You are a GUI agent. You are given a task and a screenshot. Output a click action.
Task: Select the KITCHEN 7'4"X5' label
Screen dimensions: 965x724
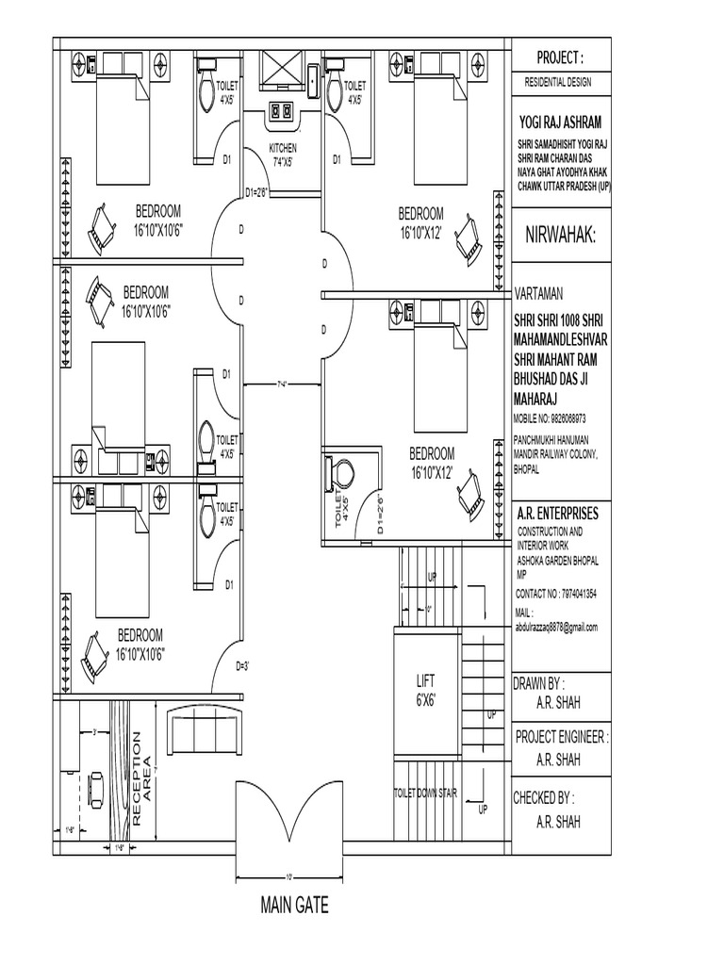click(283, 155)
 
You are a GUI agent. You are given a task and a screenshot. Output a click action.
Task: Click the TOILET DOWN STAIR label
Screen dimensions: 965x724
click(425, 793)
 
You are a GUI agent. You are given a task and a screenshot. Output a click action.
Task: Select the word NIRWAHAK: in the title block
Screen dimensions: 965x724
click(560, 234)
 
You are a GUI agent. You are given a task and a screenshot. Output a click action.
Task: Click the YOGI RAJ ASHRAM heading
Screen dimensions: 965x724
click(560, 123)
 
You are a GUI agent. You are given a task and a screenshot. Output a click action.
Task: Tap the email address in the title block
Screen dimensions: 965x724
click(557, 627)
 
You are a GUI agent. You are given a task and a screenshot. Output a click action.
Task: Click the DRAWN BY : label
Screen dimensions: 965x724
click(538, 682)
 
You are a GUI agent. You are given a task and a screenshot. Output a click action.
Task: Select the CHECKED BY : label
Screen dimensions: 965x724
click(543, 797)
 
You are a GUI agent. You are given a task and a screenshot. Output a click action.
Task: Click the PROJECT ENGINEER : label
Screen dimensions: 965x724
click(562, 736)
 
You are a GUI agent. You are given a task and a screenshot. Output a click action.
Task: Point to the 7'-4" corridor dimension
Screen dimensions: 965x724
click(283, 384)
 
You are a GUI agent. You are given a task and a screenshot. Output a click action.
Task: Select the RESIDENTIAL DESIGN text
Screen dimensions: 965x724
click(558, 82)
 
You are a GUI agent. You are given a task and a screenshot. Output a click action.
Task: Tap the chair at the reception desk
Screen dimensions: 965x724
click(95, 785)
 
